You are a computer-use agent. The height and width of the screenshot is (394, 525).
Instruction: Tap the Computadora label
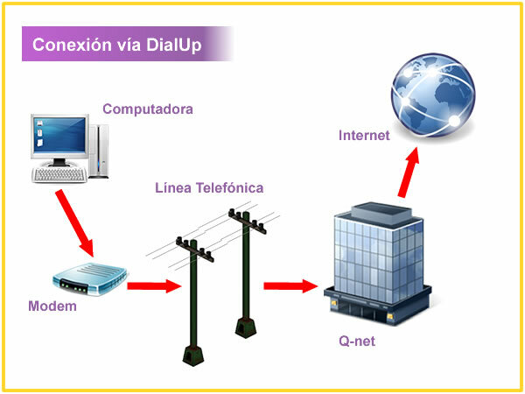pos(147,109)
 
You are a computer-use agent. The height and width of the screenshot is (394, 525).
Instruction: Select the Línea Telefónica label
pos(209,188)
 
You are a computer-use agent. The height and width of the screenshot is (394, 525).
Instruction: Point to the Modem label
pos(52,306)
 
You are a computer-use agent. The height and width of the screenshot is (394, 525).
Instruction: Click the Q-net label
pos(357,341)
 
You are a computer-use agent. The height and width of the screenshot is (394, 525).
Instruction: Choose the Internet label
pos(364,136)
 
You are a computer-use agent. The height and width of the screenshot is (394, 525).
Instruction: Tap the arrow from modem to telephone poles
pos(153,285)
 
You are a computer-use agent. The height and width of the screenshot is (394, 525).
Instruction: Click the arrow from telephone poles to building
pos(290,285)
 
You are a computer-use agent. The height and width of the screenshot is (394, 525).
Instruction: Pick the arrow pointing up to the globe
pos(407,175)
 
